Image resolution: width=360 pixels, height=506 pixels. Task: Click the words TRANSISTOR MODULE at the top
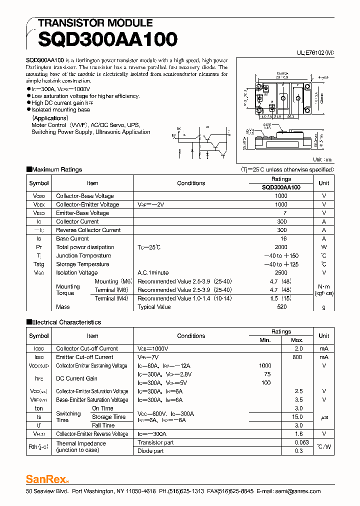point(95,23)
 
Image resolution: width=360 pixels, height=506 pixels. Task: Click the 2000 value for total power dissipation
point(281,247)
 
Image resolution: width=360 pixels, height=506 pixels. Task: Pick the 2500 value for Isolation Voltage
point(281,272)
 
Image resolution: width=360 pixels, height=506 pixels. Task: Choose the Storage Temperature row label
point(82,264)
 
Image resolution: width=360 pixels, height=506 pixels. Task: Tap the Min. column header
point(265,340)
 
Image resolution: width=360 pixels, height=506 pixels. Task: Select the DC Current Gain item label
point(77,378)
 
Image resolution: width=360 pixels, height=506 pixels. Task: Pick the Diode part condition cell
point(150,451)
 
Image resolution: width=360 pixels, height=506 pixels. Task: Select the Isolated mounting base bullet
point(60,109)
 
